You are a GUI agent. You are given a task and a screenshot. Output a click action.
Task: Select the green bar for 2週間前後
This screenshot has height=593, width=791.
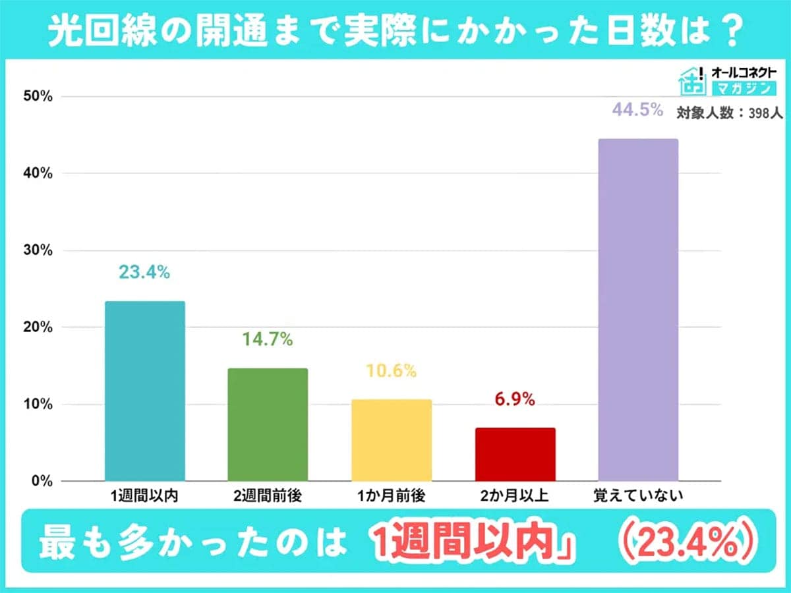pyautogui.click(x=268, y=424)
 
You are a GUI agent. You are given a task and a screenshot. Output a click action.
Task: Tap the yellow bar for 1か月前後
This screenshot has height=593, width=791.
pyautogui.click(x=392, y=439)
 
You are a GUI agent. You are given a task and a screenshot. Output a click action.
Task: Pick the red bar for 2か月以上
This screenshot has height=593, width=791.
pyautogui.click(x=515, y=454)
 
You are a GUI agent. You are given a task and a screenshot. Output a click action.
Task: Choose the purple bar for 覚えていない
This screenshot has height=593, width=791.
pyautogui.click(x=637, y=310)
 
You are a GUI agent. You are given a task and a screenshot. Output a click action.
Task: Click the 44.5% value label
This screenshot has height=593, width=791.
pyautogui.click(x=637, y=110)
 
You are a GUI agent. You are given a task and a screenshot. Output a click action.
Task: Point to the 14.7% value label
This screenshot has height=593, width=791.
pyautogui.click(x=268, y=340)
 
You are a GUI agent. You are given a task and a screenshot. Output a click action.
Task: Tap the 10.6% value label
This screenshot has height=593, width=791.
pyautogui.click(x=392, y=371)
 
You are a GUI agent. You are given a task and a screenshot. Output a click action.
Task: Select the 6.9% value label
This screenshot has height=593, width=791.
pyautogui.click(x=515, y=399)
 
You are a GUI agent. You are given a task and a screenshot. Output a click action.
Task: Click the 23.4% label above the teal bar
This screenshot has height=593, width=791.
pyautogui.click(x=145, y=272)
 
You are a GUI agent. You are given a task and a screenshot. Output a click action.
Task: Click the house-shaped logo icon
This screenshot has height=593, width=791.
pyautogui.click(x=693, y=80)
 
